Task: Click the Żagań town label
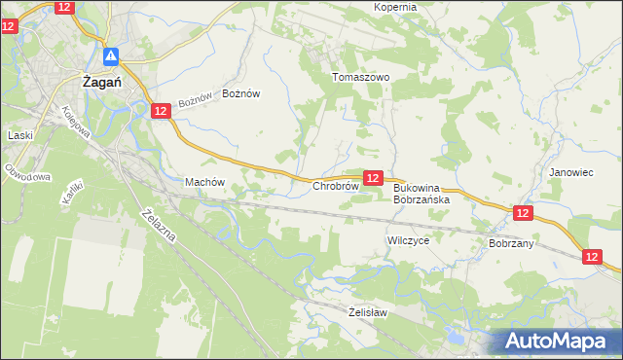tap(101, 83)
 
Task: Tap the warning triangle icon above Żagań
tap(112, 57)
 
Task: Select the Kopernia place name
tap(395, 7)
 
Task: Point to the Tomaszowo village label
tap(360, 77)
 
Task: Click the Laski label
tap(19, 135)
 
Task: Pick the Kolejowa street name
tap(82, 121)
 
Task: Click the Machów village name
tap(204, 182)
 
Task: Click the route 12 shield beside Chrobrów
tap(373, 177)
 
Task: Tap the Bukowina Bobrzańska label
tap(421, 194)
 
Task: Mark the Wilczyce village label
tap(408, 239)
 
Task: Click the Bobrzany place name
tap(510, 243)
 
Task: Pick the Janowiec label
tap(570, 172)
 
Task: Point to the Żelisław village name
tap(368, 312)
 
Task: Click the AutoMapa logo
tap(559, 341)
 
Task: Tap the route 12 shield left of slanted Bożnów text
tap(161, 112)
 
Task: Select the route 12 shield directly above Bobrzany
tap(523, 213)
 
